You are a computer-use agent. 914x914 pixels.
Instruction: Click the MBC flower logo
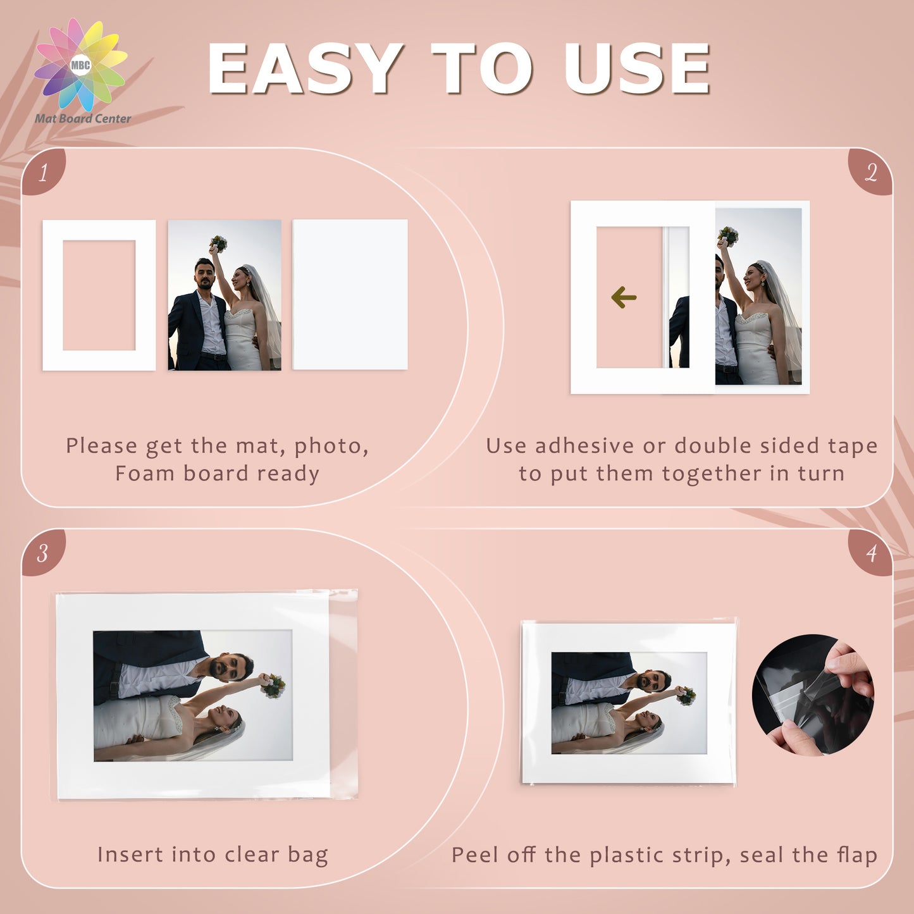[81, 65]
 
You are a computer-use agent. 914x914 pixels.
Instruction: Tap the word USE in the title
[636, 69]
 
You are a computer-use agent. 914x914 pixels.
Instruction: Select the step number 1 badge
[44, 171]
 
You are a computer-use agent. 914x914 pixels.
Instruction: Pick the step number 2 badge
[870, 171]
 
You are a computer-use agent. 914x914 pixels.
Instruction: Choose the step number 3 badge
[44, 553]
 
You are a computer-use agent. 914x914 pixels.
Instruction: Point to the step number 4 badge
[870, 553]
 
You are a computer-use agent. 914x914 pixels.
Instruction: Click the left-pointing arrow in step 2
[624, 297]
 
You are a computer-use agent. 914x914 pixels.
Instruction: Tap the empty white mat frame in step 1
[52, 295]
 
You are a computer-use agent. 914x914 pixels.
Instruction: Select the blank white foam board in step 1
[350, 294]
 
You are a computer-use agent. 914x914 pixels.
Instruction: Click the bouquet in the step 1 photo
[218, 244]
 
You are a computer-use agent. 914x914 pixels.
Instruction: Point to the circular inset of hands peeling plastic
[813, 695]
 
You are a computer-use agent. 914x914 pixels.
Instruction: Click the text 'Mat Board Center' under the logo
[83, 118]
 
